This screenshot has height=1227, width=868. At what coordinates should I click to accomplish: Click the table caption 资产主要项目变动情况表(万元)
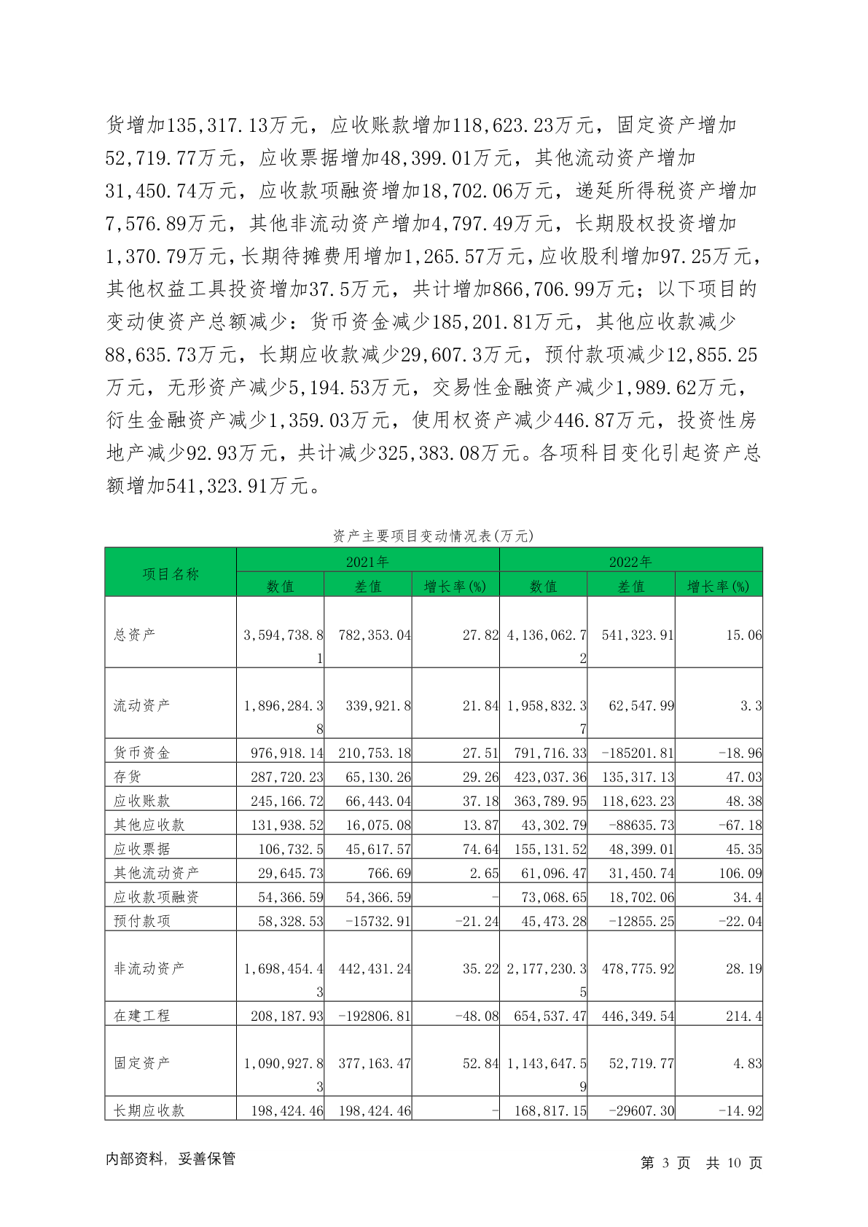(x=433, y=536)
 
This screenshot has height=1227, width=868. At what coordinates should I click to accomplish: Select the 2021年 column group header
(x=367, y=561)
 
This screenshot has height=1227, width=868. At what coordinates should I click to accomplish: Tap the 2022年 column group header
(x=630, y=561)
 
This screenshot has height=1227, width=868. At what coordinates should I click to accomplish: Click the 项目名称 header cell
(x=171, y=573)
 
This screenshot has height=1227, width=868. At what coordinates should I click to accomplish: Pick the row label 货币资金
(x=141, y=753)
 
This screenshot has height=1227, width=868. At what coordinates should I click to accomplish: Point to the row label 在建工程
(x=141, y=1015)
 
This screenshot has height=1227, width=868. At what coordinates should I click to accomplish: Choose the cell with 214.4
(x=743, y=1015)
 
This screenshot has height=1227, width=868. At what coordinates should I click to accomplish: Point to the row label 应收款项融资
(x=156, y=896)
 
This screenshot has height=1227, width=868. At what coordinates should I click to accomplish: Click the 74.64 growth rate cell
(x=480, y=849)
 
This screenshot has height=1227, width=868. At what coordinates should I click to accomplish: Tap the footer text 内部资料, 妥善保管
(x=171, y=1159)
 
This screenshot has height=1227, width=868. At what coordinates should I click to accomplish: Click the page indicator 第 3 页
(x=665, y=1162)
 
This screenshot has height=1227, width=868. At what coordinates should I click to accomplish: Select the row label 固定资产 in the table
(x=141, y=1062)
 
